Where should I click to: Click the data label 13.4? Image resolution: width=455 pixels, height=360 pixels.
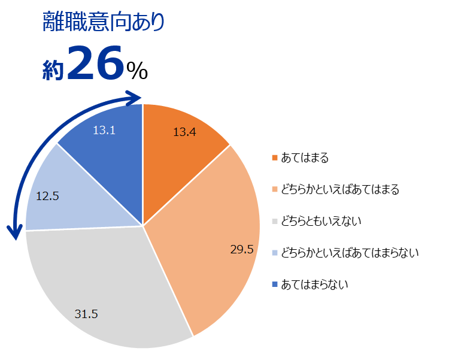pyautogui.click(x=184, y=132)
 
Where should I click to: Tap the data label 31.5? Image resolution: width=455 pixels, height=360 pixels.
pyautogui.click(x=86, y=314)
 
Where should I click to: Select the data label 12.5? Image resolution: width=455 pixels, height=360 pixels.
pyautogui.click(x=47, y=195)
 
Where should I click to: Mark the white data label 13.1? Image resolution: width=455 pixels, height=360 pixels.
pyautogui.click(x=104, y=129)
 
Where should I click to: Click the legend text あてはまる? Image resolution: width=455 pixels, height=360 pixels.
pyautogui.click(x=305, y=158)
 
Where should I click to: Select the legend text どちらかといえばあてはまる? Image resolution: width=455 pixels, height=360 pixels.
pyautogui.click(x=340, y=190)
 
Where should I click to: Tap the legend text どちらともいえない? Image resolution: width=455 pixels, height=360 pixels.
pyautogui.click(x=321, y=222)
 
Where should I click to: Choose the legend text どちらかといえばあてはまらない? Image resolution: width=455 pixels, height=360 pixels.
pyautogui.click(x=350, y=253)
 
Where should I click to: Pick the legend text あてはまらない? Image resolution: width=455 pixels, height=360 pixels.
pyautogui.click(x=314, y=285)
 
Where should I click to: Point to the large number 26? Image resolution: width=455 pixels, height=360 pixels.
pyautogui.click(x=95, y=63)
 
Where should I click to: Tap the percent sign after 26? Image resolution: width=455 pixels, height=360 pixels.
pyautogui.click(x=136, y=71)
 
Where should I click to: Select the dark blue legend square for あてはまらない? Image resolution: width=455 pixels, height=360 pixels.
pyautogui.click(x=275, y=285)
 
